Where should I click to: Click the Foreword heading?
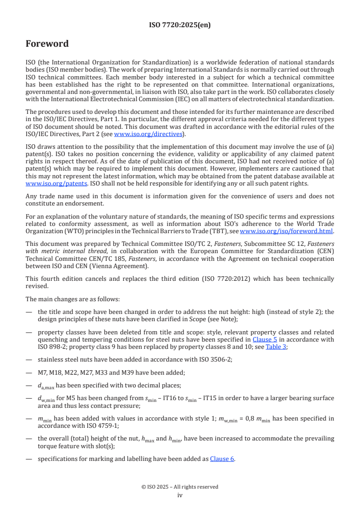[x=47, y=44]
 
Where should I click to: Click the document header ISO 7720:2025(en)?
[x=180, y=25]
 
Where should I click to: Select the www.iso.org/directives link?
[x=148, y=134]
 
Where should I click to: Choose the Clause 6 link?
[x=222, y=459]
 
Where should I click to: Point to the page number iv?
[x=180, y=495]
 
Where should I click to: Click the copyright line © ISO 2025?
[x=180, y=487]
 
